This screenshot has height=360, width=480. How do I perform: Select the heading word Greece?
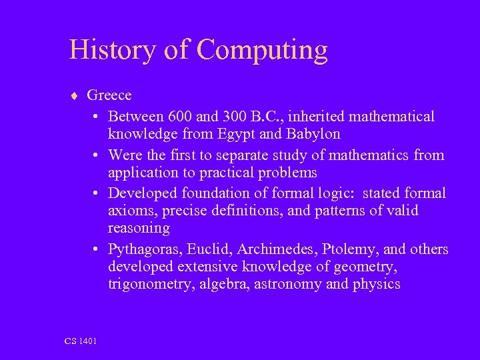point(109,95)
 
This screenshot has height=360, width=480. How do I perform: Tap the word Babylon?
point(313,134)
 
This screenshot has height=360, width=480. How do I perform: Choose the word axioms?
point(129,211)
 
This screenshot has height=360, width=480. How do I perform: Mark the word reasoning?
point(139,229)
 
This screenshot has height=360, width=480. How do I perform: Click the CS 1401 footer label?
point(81,341)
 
